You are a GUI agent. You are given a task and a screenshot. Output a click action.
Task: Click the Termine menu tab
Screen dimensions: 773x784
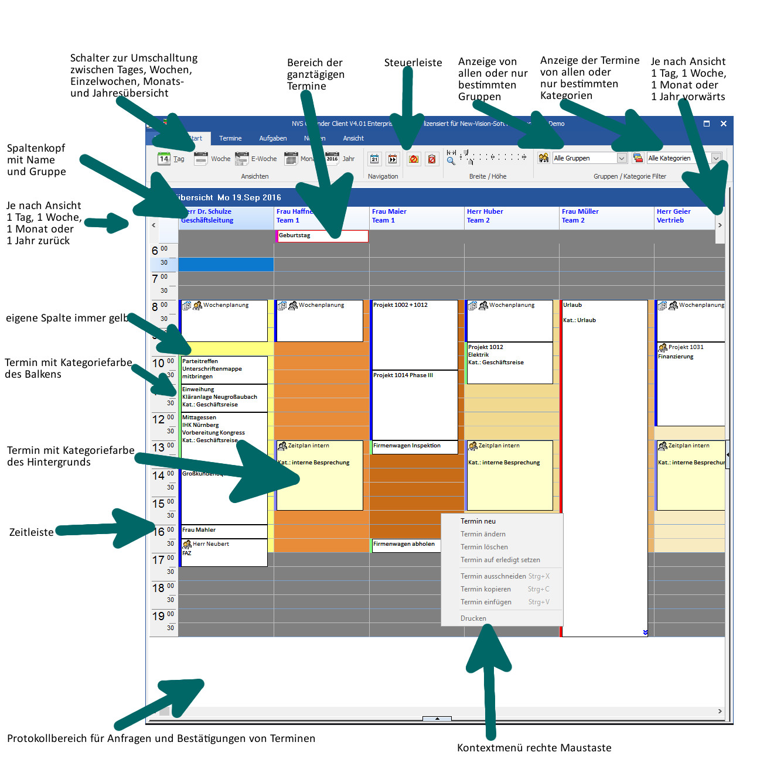coord(230,138)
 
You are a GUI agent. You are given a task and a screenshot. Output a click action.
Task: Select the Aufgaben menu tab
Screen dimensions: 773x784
coord(272,138)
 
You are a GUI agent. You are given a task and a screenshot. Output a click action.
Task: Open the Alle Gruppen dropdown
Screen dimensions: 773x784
coord(622,158)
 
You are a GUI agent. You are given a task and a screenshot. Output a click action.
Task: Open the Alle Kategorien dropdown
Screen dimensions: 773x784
coord(715,158)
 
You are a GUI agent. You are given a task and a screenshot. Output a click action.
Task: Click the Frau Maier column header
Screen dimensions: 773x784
coord(389,216)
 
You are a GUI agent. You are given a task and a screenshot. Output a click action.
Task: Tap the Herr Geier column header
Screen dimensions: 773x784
coord(673,216)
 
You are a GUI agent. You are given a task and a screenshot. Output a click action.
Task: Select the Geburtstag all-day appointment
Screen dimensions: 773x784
coord(321,235)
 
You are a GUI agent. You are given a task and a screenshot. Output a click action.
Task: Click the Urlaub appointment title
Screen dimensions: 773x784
coord(572,305)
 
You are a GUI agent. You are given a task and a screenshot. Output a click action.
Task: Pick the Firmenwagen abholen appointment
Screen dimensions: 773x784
coord(404,544)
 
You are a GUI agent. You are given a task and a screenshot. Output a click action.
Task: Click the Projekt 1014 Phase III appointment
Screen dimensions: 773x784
coord(403,375)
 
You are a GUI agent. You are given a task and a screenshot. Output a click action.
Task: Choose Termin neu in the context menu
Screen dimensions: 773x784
coord(478,521)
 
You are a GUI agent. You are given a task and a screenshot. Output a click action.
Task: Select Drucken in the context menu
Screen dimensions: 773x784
coord(473,618)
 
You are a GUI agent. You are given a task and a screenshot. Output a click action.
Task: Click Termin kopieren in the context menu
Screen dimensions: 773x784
coord(485,589)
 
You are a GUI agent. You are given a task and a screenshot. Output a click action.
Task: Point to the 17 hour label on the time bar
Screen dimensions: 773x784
coord(158,560)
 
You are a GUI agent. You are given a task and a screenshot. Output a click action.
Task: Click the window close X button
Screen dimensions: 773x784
coord(723,124)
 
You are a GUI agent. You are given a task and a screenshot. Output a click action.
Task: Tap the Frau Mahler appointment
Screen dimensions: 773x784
coord(199,530)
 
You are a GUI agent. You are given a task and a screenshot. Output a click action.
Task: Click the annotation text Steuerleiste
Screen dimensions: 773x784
coord(413,63)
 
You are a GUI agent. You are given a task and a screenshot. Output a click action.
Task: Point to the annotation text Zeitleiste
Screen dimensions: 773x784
coord(31,532)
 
